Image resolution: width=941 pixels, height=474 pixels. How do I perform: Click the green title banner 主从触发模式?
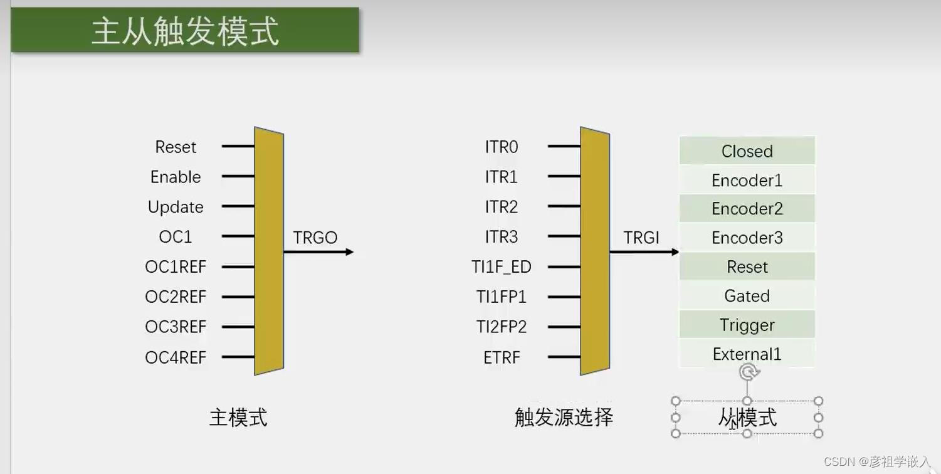click(x=185, y=30)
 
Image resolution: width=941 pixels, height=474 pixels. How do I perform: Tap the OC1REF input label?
click(x=176, y=266)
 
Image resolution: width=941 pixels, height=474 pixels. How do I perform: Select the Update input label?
click(x=176, y=207)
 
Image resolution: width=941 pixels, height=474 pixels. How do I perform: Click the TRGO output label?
click(x=315, y=238)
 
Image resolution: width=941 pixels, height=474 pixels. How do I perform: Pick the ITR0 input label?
click(x=502, y=147)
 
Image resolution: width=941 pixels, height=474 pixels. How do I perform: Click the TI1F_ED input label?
click(x=502, y=266)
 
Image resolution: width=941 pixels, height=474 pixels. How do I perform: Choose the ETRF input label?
click(x=502, y=357)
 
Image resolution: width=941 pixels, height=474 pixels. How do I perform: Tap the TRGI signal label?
click(x=641, y=238)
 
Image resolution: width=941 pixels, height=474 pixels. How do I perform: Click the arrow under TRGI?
click(x=644, y=252)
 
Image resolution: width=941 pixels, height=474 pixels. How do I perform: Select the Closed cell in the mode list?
click(x=747, y=151)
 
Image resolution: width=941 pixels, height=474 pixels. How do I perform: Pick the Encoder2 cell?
click(x=747, y=209)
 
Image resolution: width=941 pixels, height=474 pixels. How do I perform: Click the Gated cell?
click(x=747, y=296)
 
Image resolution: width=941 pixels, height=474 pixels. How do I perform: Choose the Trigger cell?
click(x=747, y=325)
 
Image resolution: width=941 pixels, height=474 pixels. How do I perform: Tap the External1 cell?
click(x=747, y=354)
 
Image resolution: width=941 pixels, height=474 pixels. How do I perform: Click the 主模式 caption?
click(x=238, y=417)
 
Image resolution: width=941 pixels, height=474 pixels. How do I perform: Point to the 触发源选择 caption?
click(x=564, y=417)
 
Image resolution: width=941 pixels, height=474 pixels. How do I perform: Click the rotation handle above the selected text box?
click(x=747, y=372)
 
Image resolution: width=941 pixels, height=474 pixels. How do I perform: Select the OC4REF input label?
click(x=176, y=357)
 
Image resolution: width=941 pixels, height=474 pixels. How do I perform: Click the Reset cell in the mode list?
click(x=747, y=267)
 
